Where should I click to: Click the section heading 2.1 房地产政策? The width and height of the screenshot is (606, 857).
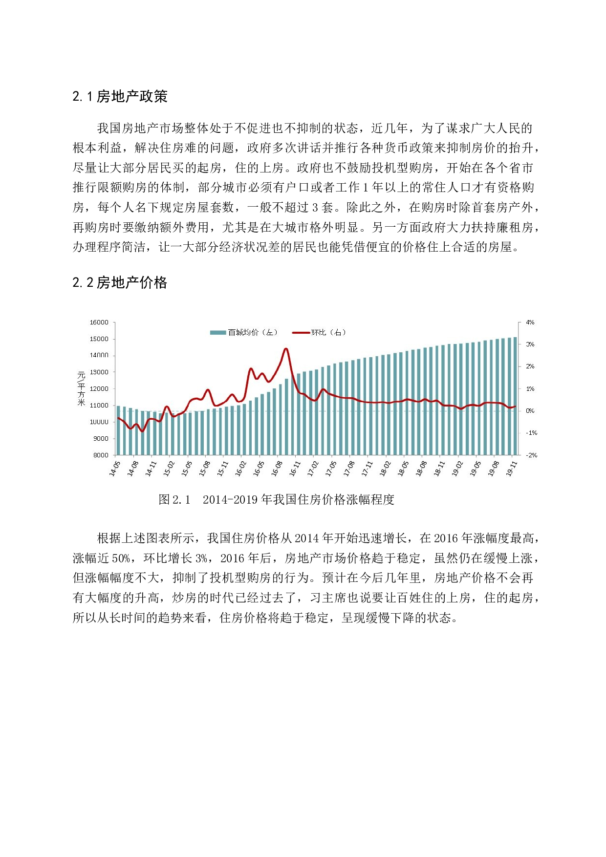120,96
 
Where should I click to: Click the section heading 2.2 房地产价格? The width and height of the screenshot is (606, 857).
120,282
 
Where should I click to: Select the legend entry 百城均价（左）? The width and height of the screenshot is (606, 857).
244,332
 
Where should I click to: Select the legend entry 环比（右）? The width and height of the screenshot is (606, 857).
320,332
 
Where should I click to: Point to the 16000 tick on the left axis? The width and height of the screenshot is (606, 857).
99,322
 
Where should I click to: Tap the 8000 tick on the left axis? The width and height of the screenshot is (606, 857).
101,455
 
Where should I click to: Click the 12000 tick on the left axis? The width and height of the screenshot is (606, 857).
99,389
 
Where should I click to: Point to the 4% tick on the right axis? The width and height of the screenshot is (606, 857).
530,322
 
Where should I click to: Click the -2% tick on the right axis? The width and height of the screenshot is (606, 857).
531,455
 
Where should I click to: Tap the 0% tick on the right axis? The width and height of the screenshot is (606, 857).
530,411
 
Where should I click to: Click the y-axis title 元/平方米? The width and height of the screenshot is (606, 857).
81,388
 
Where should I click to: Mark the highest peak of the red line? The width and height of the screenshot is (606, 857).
286,349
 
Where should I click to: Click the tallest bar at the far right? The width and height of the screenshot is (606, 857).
515,396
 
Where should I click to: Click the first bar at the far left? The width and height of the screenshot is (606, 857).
118,430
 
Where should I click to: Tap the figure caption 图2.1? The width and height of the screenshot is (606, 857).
174,499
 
